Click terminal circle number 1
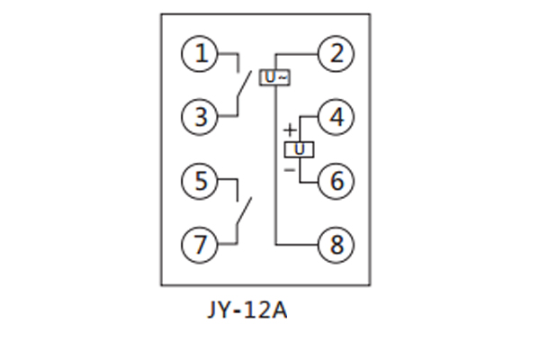pos(200,54)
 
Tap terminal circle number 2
pos(336,54)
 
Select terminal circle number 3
pos(200,116)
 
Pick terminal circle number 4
pos(336,117)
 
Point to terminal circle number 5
pos(200,181)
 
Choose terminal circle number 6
pos(336,181)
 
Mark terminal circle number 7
pos(200,243)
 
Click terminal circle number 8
pos(336,244)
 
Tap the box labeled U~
pos(275,77)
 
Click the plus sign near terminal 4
pos(289,130)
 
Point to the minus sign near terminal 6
pos(289,168)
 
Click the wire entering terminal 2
pos(297,54)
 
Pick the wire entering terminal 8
pos(297,244)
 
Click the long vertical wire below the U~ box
pos(275,162)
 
